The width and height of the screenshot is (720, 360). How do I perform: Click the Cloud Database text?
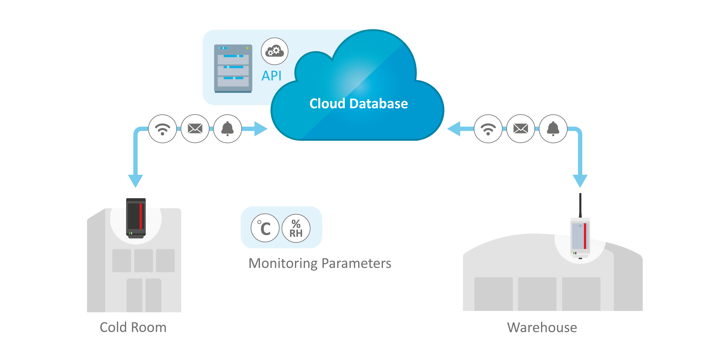358,103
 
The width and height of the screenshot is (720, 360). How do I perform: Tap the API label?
271,76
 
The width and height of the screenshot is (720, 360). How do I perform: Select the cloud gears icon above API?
275,51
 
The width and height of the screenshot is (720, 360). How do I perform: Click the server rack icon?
233,68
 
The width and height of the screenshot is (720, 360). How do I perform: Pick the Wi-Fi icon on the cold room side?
162,129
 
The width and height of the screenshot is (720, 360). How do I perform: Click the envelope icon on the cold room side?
195,129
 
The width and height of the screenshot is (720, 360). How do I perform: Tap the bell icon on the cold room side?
227,129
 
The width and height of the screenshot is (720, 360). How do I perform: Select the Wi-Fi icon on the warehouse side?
488,129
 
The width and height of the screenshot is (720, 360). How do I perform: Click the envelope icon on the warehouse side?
521,129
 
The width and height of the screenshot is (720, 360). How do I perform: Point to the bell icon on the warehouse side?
553,129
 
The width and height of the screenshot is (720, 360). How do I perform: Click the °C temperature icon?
265,228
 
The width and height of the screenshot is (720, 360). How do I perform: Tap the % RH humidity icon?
296,228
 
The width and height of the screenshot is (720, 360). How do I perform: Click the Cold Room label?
133,327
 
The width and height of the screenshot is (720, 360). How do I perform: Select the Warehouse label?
542,327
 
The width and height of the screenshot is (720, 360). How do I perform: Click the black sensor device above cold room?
136,218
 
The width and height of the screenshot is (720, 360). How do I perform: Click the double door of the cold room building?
144,295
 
